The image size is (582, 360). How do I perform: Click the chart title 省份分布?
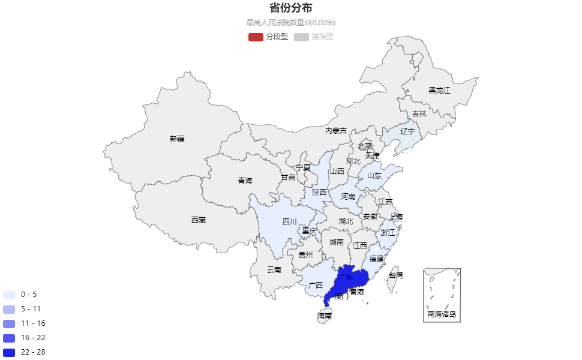point(290,8)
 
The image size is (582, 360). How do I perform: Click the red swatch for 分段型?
point(256,37)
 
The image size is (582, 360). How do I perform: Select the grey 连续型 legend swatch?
point(301,37)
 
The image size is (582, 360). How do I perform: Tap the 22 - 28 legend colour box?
point(9,352)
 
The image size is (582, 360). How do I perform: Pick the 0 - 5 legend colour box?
point(9,295)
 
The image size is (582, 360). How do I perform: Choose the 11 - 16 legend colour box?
point(9,323)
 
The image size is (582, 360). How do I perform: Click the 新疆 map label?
point(177,139)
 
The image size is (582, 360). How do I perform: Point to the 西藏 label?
point(199,220)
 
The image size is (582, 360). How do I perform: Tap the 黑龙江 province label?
point(439,91)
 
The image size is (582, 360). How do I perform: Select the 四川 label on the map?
point(290,222)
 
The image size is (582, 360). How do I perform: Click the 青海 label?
point(245,181)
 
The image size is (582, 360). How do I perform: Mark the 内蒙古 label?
point(336,131)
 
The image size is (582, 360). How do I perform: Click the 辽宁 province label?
point(408,131)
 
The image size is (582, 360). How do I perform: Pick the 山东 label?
point(375,176)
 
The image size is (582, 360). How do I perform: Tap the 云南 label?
point(274,270)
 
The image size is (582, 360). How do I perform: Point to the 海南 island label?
point(325,316)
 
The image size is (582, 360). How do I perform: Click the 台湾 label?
point(396,275)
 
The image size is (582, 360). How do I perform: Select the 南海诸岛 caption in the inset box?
point(442,314)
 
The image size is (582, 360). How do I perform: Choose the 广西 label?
point(316,285)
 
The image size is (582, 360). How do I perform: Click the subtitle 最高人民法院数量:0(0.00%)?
point(290,23)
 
